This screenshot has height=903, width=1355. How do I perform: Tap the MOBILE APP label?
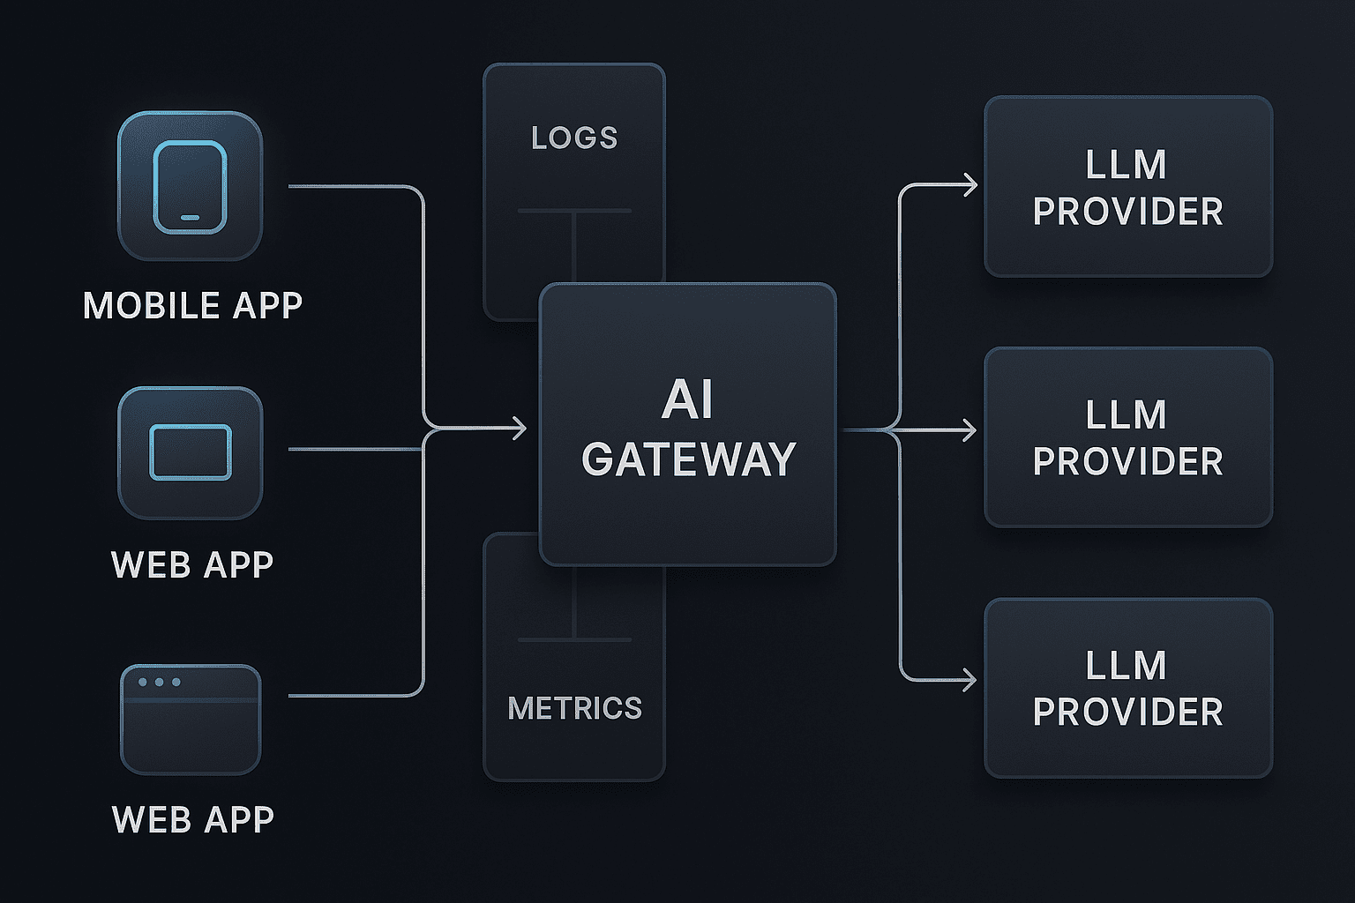click(x=192, y=305)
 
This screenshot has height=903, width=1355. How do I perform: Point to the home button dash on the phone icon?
click(x=190, y=218)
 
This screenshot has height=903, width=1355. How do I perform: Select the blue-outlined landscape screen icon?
click(x=191, y=452)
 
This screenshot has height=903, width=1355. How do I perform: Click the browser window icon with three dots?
click(x=191, y=720)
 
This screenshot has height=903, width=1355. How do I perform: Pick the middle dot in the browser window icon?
click(x=159, y=683)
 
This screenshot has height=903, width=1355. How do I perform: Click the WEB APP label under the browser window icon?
click(x=193, y=820)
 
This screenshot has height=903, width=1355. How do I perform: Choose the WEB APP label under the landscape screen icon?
click(x=192, y=565)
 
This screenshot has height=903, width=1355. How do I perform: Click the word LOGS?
click(x=574, y=138)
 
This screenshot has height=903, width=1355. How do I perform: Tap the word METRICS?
click(x=574, y=707)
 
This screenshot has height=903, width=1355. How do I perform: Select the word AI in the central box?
click(x=687, y=399)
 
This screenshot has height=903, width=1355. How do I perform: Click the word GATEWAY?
click(x=688, y=459)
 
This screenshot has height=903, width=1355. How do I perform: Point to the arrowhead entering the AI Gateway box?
click(x=520, y=429)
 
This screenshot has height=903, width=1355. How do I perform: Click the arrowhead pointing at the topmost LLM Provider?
click(x=970, y=184)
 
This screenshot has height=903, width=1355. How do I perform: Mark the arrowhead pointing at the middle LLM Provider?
click(x=969, y=430)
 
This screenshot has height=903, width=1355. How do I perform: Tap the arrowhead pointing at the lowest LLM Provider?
click(x=969, y=680)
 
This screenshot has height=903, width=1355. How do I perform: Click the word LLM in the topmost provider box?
click(x=1127, y=165)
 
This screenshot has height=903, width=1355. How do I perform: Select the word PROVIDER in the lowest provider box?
click(x=1128, y=712)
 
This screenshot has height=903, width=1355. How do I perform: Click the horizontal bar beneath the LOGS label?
click(x=574, y=211)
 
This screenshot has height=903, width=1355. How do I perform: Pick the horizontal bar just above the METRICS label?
click(x=574, y=639)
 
